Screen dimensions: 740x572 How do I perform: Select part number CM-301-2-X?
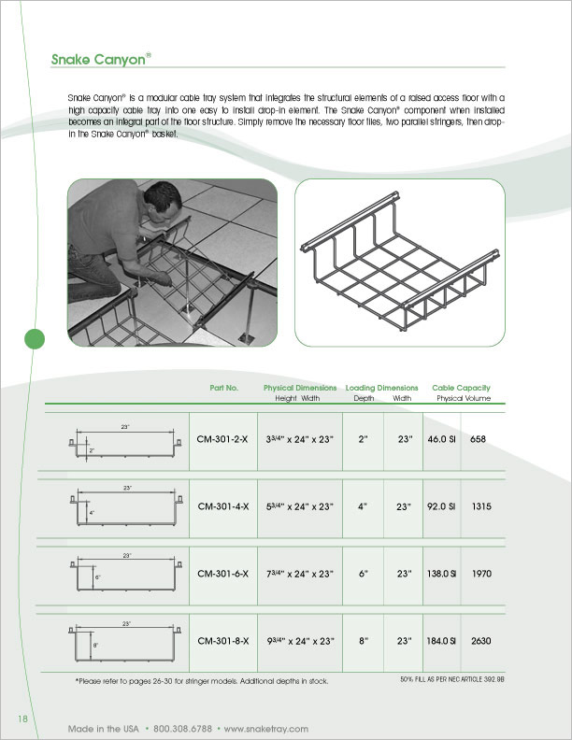pos(222,438)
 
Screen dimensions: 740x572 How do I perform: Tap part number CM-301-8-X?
pos(222,641)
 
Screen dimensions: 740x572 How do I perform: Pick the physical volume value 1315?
pos(482,505)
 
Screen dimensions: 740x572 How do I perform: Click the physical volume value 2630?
pos(482,641)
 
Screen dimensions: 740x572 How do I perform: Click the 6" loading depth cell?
pos(364,573)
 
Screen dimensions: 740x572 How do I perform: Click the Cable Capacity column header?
pos(461,388)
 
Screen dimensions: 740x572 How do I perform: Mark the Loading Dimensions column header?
pos(381,388)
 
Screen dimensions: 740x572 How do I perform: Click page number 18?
pos(23,717)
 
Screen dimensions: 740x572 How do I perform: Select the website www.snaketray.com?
pos(265,728)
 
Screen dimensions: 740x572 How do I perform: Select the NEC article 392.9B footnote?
pos(451,678)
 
